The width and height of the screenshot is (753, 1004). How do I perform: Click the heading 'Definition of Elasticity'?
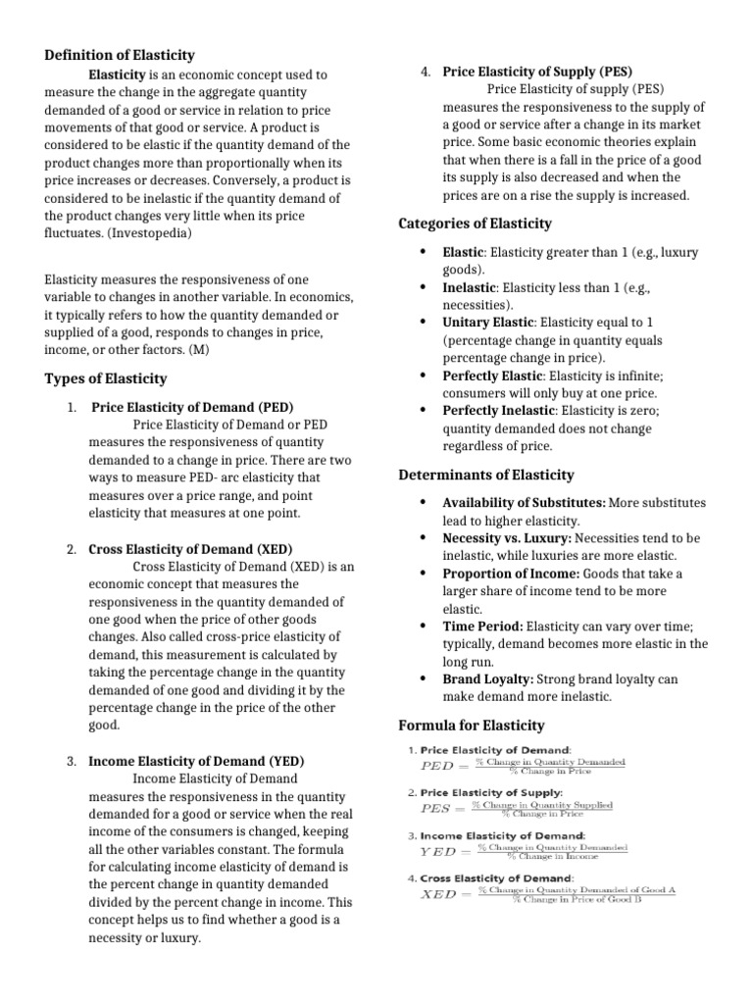tap(120, 55)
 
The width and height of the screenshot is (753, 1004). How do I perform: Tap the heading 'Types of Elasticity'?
tap(106, 378)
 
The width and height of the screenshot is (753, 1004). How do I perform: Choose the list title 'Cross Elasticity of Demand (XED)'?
tap(190, 549)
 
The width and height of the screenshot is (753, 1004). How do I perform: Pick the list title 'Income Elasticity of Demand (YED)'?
tap(196, 761)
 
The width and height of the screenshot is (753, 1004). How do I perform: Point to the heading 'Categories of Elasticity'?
tap(476, 224)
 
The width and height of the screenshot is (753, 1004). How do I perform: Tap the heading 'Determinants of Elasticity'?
tap(486, 476)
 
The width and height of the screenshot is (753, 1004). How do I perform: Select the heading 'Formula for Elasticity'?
tap(471, 726)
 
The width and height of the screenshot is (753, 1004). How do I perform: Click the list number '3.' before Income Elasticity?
tap(73, 761)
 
